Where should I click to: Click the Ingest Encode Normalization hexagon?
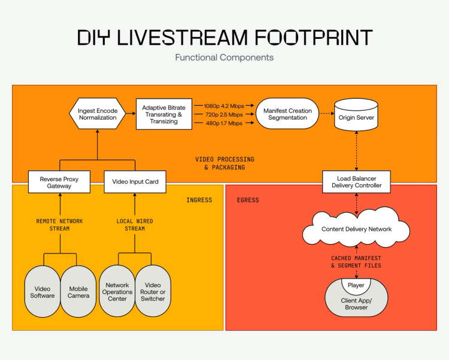97,114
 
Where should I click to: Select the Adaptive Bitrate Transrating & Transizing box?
163,114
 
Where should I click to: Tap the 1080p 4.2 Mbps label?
224,105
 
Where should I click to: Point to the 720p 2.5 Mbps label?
224,114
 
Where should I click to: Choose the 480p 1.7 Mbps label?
224,123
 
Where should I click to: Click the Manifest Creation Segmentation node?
287,114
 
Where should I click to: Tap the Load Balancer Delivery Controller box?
356,182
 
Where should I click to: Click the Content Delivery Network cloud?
356,229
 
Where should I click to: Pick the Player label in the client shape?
356,285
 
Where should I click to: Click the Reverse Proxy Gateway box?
59,182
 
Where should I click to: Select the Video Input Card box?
135,182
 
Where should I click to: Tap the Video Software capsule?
43,292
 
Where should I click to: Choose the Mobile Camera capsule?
78,292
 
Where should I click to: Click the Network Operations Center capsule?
117,292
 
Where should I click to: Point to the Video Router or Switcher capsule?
153,292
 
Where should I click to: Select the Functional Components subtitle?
224,58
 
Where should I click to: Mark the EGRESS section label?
248,200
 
